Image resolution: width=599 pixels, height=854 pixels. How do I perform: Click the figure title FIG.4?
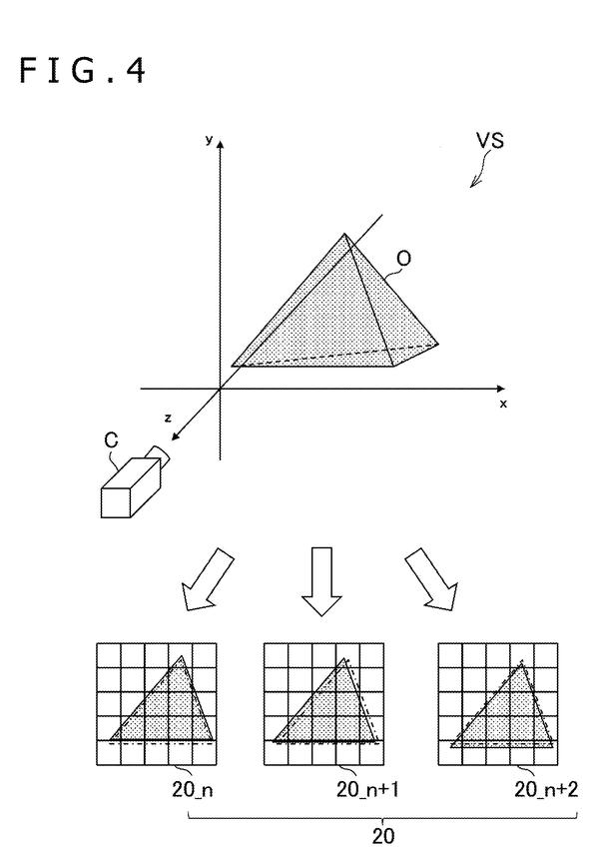pos(83,71)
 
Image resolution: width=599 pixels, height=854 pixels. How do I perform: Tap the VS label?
pos(490,141)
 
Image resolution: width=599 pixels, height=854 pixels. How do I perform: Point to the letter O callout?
pos(403,260)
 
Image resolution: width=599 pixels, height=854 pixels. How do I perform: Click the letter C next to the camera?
pos(111,440)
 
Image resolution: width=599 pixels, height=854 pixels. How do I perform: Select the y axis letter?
pos(209,140)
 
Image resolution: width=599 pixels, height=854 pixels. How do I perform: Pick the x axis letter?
pos(503,404)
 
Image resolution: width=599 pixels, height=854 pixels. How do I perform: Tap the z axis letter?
pos(169,419)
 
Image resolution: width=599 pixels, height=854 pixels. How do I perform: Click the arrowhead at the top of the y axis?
pos(220,143)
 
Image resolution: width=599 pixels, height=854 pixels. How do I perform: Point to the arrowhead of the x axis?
pos(501,389)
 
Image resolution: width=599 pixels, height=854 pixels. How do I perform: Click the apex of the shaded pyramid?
pos(344,234)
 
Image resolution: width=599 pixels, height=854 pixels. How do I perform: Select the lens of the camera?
pos(159,455)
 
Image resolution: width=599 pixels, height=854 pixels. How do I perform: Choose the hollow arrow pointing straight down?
pos(321,581)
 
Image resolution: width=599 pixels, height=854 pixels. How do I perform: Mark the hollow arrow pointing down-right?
pos(432,579)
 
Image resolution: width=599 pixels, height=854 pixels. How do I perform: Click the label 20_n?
pos(193,789)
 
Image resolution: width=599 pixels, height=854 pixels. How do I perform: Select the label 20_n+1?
pos(367,789)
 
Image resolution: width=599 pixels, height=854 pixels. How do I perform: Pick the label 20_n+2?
pos(546,789)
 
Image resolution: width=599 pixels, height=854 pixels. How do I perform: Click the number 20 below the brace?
pos(382,836)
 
